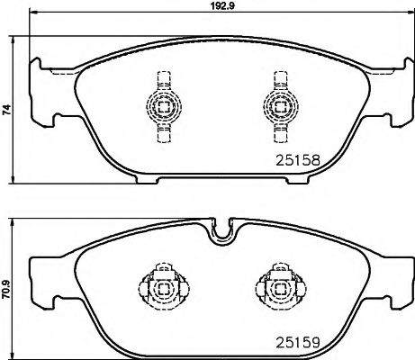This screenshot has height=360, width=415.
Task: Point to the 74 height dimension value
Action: point(6,110)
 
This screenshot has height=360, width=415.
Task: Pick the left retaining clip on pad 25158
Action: point(162,107)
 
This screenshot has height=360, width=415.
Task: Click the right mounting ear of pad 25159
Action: point(389,279)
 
